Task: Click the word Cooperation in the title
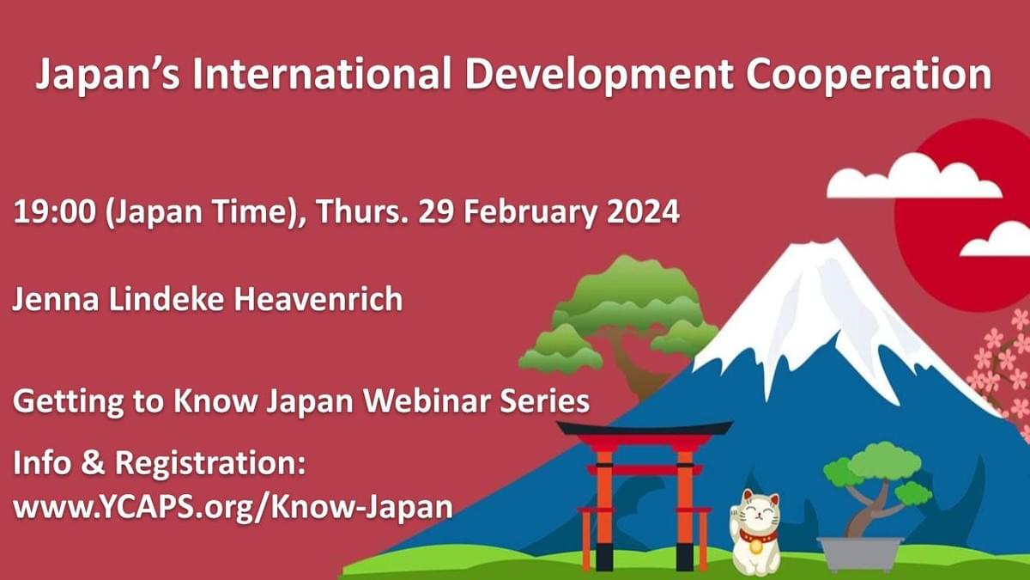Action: click(869, 75)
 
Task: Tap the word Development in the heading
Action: click(599, 75)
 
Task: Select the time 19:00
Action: click(55, 211)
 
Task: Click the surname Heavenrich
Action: click(318, 299)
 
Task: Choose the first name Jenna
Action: click(56, 299)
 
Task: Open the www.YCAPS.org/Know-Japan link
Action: click(233, 508)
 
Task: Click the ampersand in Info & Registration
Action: click(94, 463)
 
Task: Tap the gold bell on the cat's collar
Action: click(755, 546)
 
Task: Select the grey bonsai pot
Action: click(860, 553)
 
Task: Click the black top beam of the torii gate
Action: click(645, 429)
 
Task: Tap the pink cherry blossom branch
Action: click(1005, 369)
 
